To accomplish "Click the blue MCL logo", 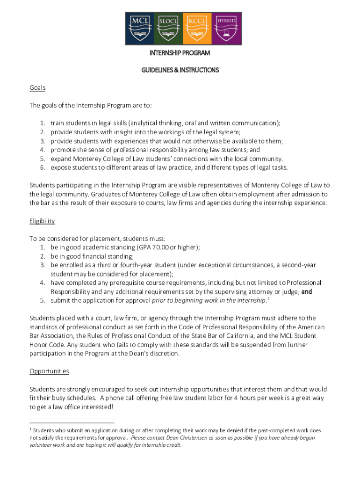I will [139, 28].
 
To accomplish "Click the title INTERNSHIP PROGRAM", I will [180, 53].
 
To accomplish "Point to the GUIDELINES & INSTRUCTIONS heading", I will [180, 70].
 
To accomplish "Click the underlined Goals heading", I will [37, 88].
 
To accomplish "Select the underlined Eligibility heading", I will [42, 221].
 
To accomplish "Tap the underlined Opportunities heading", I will [49, 371].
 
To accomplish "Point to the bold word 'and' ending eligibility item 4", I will [307, 291].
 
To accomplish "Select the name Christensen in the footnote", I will [187, 438].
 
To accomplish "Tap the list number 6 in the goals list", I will [42, 167].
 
